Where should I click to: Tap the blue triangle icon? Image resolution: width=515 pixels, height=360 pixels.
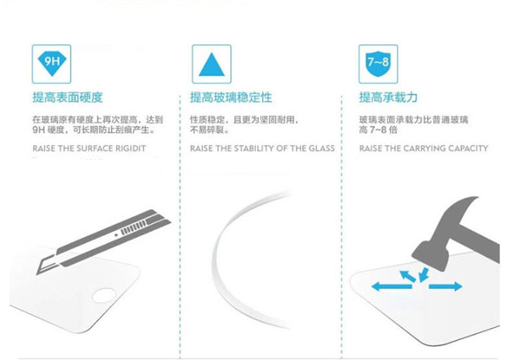(x=211, y=64)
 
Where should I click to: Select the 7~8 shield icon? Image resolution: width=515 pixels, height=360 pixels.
(x=378, y=64)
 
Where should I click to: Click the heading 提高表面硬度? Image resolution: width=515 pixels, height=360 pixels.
(x=68, y=97)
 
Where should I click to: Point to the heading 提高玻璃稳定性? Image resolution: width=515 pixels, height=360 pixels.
(x=231, y=97)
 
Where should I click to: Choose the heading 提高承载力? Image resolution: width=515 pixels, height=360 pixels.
(x=388, y=97)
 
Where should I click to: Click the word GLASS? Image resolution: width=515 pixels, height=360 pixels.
(x=321, y=149)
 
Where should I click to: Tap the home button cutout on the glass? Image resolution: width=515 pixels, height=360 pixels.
(x=104, y=295)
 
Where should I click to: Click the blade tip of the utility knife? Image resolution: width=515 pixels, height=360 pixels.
(x=37, y=273)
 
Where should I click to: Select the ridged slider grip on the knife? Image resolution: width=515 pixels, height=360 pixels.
(x=133, y=228)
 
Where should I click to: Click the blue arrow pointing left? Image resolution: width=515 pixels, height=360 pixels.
(x=391, y=287)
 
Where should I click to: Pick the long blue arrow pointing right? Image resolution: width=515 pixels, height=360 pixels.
(x=446, y=286)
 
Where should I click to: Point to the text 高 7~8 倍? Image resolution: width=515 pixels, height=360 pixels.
(x=378, y=130)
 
